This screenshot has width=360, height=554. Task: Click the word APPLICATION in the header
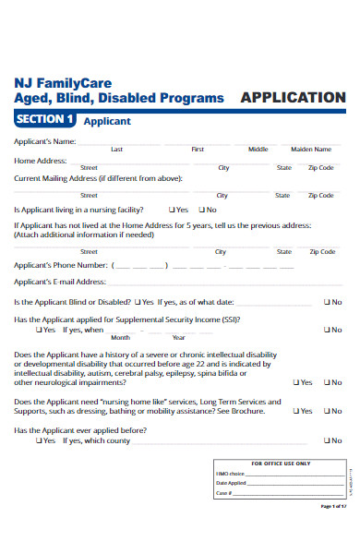point(293,97)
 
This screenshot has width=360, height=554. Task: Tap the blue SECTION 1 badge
point(44,119)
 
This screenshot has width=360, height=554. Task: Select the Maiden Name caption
point(311,149)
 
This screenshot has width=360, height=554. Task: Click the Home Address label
point(38,161)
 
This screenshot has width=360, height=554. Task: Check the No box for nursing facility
point(199,210)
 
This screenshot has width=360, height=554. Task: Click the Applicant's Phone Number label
point(55,265)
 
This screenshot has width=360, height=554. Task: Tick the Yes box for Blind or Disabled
point(138,302)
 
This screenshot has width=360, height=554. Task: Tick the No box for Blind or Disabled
point(327,302)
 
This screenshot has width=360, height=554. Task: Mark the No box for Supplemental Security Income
point(327,329)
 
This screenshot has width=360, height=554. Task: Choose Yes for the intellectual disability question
point(296,382)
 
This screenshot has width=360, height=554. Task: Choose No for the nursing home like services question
point(327,411)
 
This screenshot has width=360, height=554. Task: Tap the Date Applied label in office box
point(231,483)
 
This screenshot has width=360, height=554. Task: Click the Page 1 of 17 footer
point(333,532)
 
